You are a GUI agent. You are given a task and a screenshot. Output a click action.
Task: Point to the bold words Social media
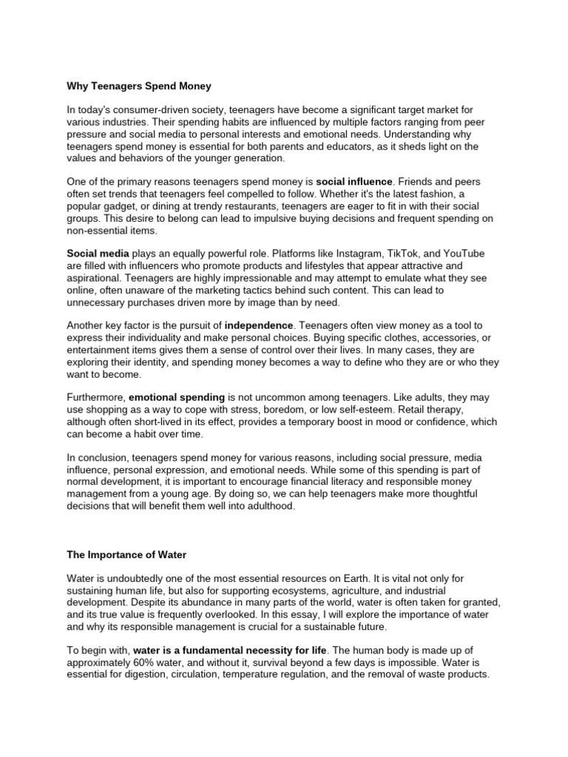pyautogui.click(x=98, y=254)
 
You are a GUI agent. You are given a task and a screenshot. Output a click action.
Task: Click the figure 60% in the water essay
pyautogui.click(x=149, y=662)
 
